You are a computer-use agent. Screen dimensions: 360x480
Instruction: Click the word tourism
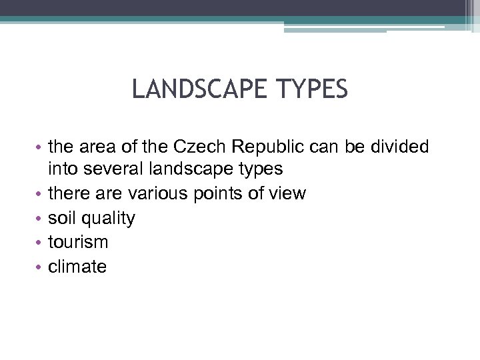pyautogui.click(x=78, y=242)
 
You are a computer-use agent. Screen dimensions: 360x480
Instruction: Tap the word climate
pyautogui.click(x=77, y=267)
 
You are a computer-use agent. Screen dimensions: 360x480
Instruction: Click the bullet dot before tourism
pyautogui.click(x=40, y=243)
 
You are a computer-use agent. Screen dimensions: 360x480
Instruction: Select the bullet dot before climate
pyautogui.click(x=40, y=267)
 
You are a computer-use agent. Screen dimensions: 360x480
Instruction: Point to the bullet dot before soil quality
pyautogui.click(x=40, y=219)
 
